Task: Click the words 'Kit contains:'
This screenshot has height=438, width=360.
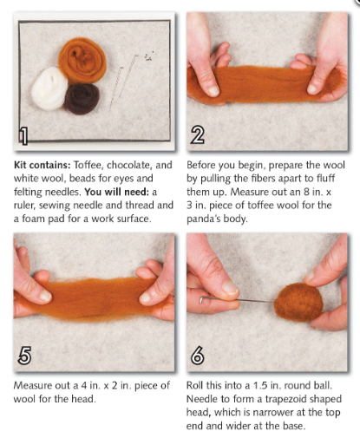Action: (x=39, y=164)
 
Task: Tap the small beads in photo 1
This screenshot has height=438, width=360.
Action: (x=148, y=57)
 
